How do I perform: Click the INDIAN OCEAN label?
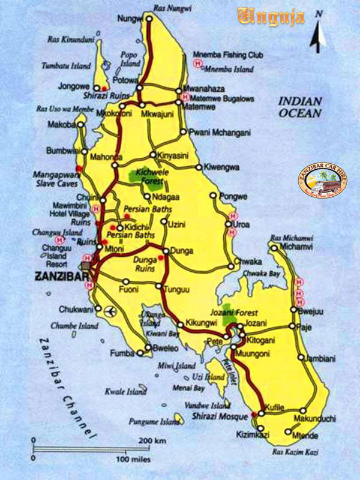301,107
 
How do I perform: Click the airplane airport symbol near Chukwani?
109,310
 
